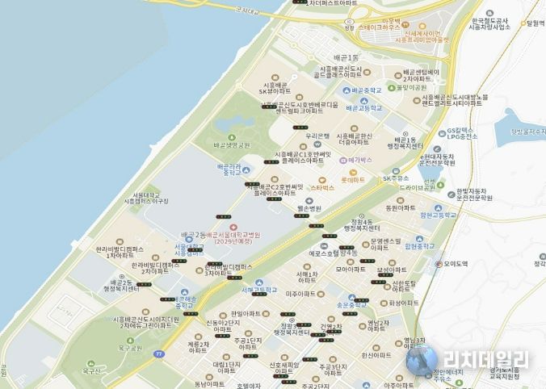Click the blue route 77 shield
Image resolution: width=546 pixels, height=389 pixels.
point(160,353)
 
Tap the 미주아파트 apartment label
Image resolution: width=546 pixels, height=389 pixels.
point(299,294)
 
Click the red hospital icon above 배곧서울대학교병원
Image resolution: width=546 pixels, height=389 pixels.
point(234,219)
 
